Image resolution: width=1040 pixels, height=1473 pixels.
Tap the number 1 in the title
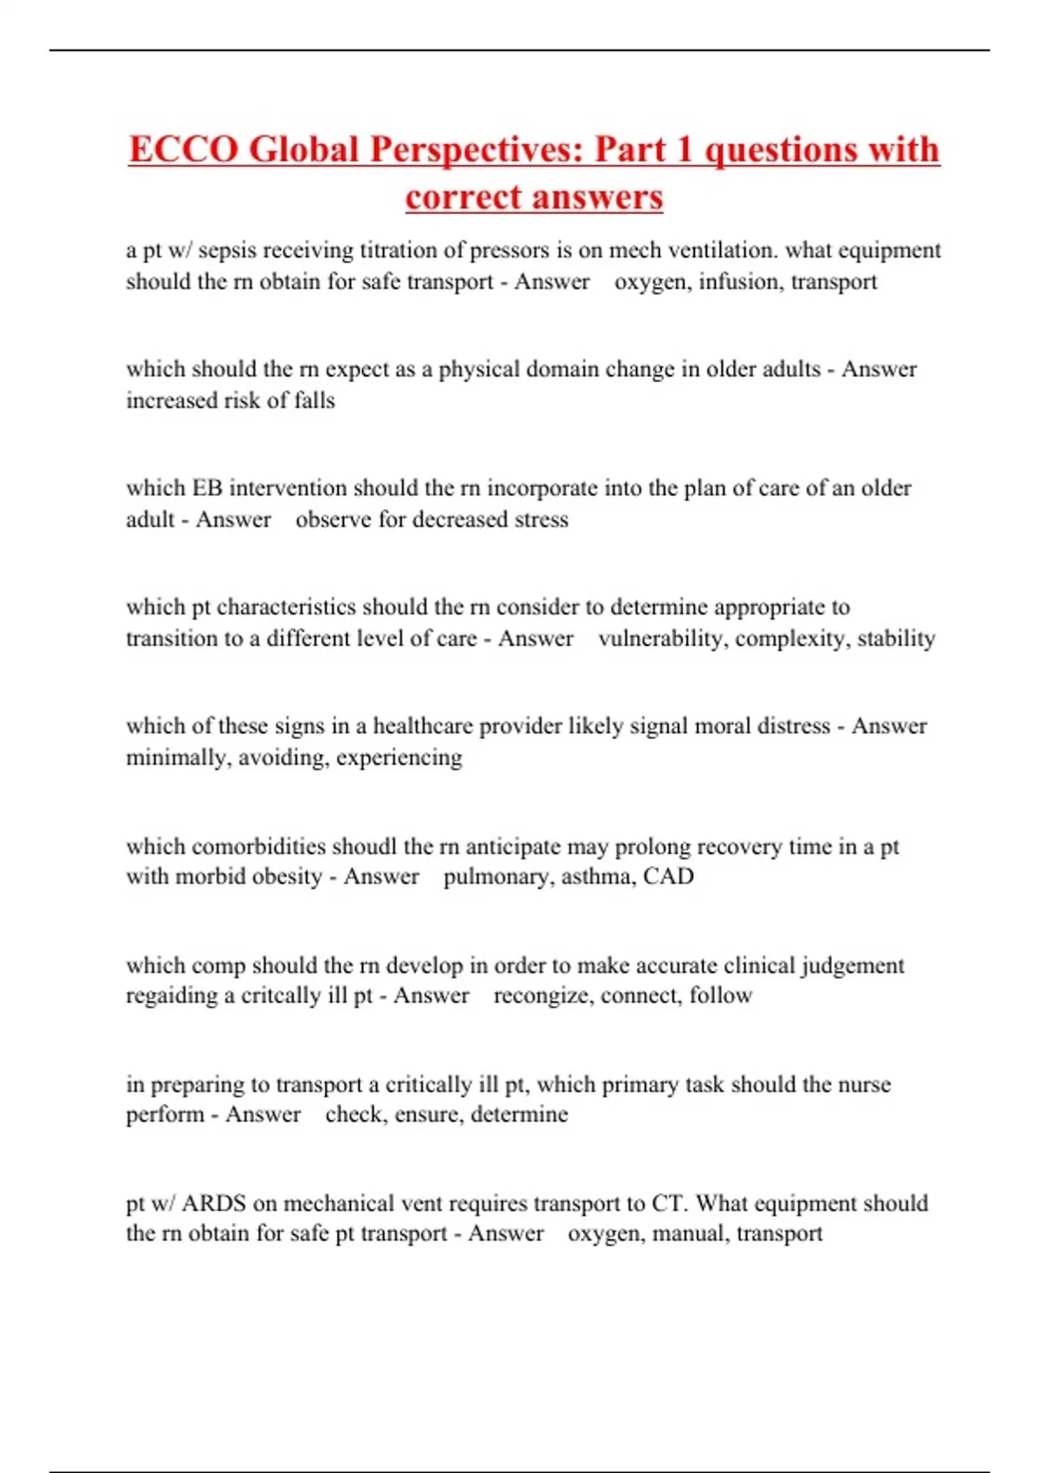tap(685, 150)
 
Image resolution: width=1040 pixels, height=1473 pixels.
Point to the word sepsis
tap(227, 250)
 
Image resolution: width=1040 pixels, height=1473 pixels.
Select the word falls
tap(314, 400)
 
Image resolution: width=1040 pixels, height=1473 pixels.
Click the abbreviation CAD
tap(668, 876)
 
